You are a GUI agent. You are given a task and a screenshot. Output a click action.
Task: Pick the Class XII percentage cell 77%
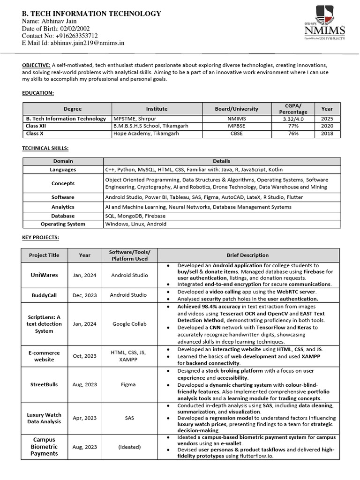coord(293,126)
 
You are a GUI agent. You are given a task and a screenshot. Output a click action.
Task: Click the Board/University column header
coord(236,109)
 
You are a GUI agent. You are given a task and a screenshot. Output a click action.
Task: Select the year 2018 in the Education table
coord(327,134)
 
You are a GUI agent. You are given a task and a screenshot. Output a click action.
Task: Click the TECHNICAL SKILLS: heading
coord(45,148)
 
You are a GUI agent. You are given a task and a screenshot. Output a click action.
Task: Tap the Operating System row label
coord(63,224)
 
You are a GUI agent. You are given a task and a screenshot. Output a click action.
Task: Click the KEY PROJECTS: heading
coord(41,238)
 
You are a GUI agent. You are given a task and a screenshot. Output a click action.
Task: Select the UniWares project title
coord(44,275)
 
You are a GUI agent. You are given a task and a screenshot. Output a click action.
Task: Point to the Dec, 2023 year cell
coord(85,295)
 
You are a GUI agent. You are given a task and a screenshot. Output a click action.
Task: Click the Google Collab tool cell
coord(128,324)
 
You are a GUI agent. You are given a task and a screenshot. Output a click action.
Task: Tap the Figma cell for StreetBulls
coord(128,384)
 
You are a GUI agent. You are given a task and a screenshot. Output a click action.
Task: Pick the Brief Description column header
coord(247,255)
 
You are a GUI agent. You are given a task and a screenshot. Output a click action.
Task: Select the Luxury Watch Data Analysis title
coord(44,418)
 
